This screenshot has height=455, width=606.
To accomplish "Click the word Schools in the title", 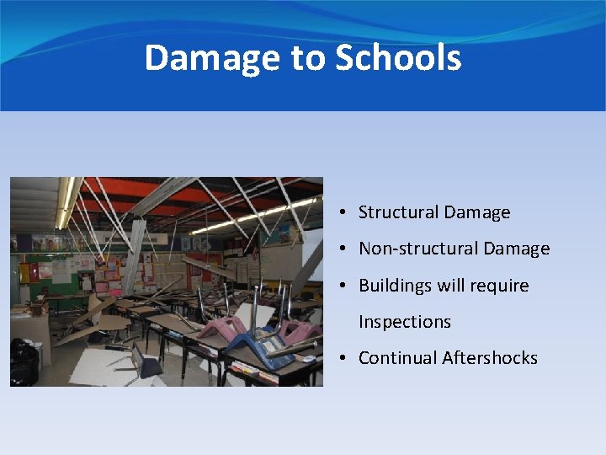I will (x=398, y=58).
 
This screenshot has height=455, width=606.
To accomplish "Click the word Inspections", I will (x=405, y=322).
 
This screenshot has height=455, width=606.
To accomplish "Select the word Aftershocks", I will (x=492, y=358).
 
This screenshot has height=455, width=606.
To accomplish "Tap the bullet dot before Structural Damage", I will (x=346, y=213).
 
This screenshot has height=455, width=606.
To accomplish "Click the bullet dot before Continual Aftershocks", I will (x=346, y=359).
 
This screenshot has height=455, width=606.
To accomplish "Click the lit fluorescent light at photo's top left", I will (x=64, y=202).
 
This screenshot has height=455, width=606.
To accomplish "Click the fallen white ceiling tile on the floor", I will (x=93, y=367).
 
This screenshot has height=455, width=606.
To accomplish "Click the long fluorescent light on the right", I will (x=252, y=218).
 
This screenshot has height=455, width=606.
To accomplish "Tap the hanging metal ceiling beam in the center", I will (x=135, y=253).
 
